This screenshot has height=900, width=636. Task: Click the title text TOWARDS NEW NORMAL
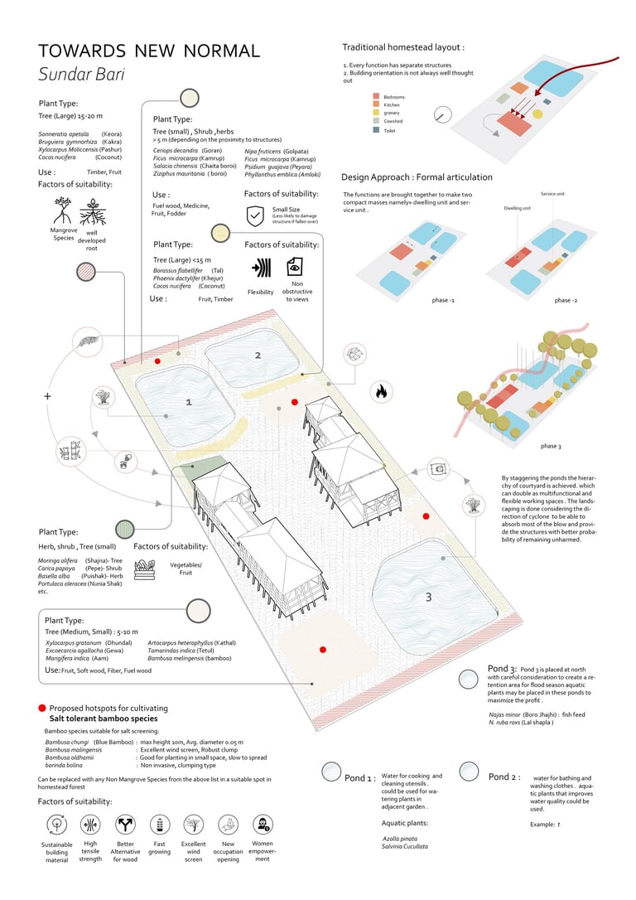coord(149,51)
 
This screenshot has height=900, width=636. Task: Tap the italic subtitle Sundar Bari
coord(81,74)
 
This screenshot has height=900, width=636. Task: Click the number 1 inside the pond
coord(189,402)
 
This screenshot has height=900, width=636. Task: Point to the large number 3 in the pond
coord(427,597)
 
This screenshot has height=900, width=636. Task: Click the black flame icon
coord(382,390)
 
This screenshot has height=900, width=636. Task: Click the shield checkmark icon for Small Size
coord(255,217)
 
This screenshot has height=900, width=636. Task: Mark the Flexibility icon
coord(260,268)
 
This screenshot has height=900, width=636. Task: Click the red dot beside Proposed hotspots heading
coord(41,709)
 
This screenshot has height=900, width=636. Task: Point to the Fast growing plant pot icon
coord(159,825)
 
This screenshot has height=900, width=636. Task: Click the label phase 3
coord(550,447)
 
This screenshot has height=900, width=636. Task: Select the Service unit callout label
coord(553,194)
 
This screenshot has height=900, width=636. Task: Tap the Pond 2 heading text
coord(505,777)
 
